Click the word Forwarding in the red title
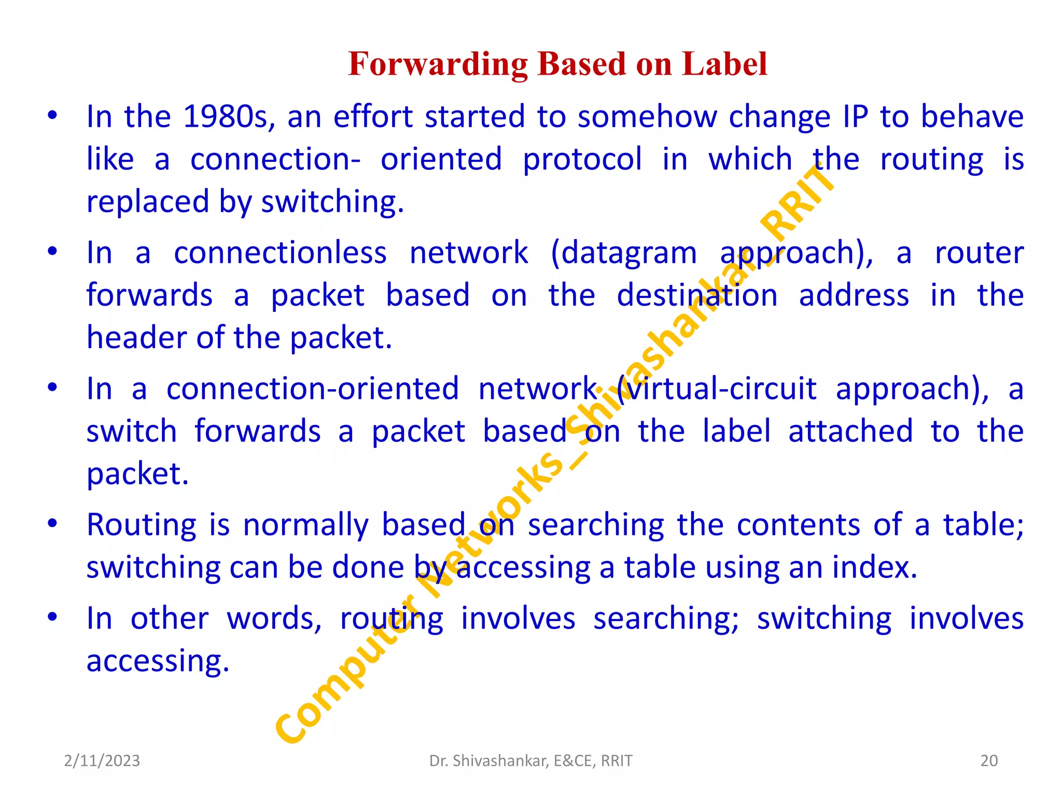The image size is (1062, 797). tap(438, 64)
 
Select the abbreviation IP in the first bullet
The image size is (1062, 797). tap(855, 116)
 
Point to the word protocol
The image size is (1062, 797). tap(582, 159)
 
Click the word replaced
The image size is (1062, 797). tap(148, 201)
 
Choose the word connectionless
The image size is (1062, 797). tap(280, 253)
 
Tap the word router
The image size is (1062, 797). tap(979, 253)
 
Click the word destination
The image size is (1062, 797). tap(697, 296)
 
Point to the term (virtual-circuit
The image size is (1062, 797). tap(717, 389)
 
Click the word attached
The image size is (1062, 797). tap(850, 431)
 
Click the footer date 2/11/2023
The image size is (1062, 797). tap(102, 761)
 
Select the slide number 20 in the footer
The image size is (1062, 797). tap(989, 761)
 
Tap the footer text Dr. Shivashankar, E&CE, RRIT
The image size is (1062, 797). tap(530, 761)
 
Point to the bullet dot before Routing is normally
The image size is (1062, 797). tap(52, 524)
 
